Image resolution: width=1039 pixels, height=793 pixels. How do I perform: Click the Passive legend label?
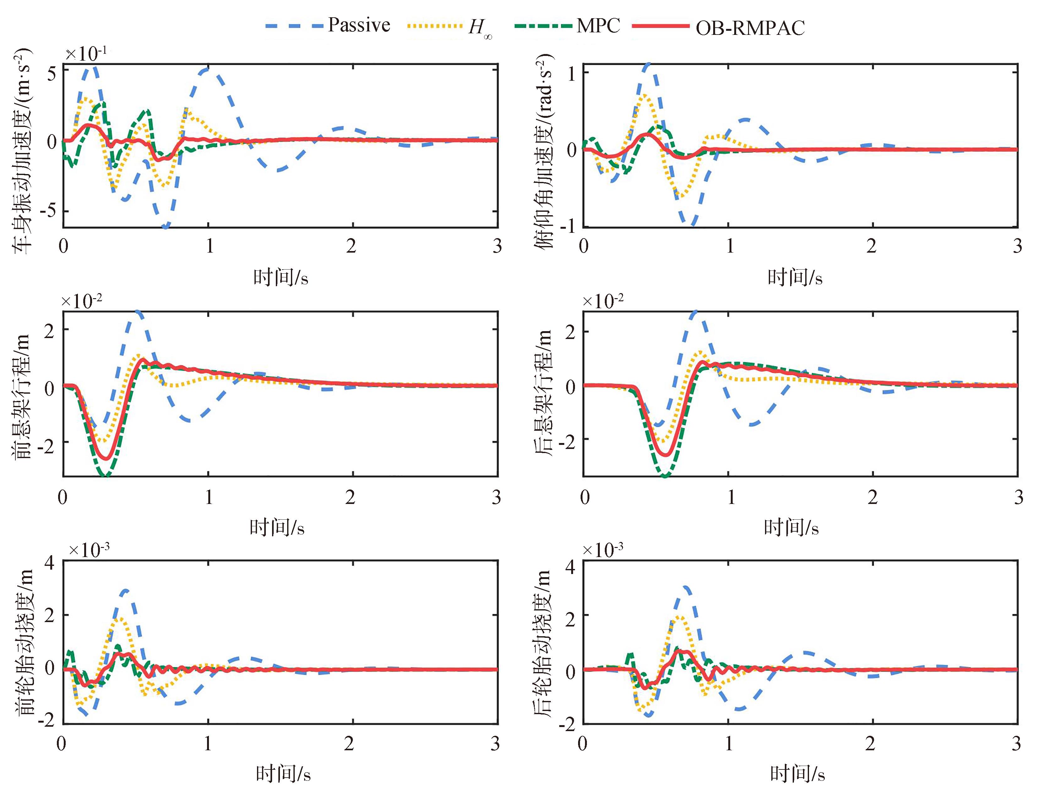pos(359,25)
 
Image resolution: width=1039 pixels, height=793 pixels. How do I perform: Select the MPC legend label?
pos(598,25)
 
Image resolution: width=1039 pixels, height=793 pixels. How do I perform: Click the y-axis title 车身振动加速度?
pos(22,150)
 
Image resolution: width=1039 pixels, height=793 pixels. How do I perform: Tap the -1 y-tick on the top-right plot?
pos(568,226)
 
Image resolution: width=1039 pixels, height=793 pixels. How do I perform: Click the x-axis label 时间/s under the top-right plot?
pos(795,277)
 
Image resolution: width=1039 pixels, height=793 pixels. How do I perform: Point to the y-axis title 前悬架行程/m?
pos(22,396)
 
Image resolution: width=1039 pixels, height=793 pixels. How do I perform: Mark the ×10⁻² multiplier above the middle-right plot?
pos(603,300)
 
